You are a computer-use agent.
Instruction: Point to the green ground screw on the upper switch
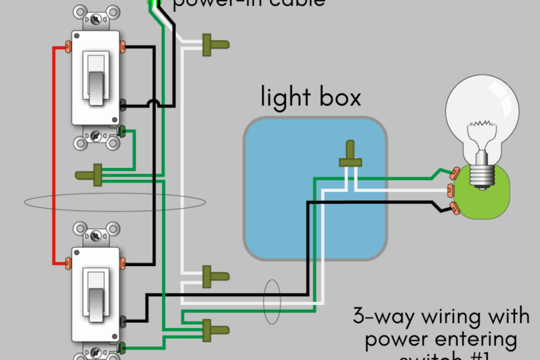(121, 130)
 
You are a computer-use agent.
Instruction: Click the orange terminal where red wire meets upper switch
(69, 45)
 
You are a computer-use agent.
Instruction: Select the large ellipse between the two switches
(114, 202)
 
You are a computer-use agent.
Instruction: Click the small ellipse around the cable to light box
(271, 304)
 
